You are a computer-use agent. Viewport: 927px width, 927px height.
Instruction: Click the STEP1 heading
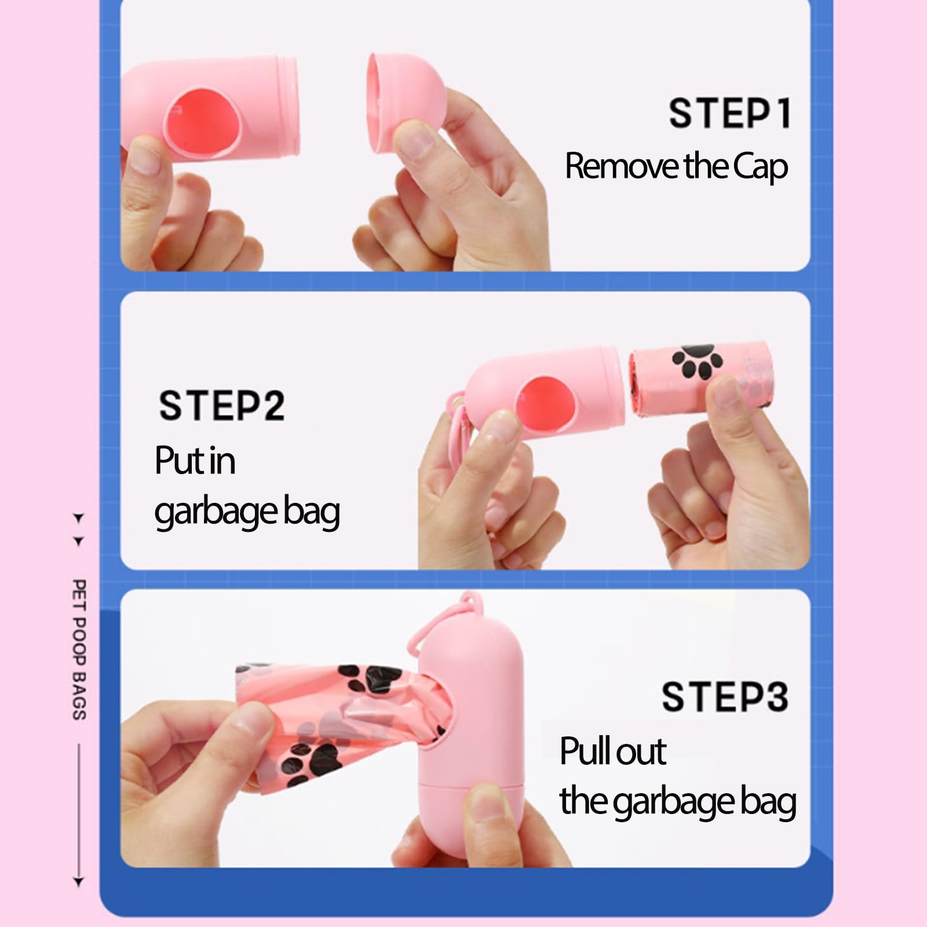click(730, 113)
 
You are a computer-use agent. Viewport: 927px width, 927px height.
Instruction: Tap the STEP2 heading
click(222, 406)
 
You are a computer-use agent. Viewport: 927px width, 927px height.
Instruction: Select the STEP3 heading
click(725, 696)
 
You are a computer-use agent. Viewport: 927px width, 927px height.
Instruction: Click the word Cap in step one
click(760, 167)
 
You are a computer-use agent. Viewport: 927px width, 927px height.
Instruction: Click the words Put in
click(195, 461)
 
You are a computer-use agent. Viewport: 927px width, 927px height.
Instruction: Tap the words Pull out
click(612, 751)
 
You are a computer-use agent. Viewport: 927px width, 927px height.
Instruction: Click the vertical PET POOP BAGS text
click(79, 649)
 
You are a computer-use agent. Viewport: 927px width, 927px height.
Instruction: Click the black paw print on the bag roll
click(698, 362)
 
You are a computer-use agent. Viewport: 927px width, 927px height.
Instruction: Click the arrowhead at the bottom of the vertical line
click(79, 882)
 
